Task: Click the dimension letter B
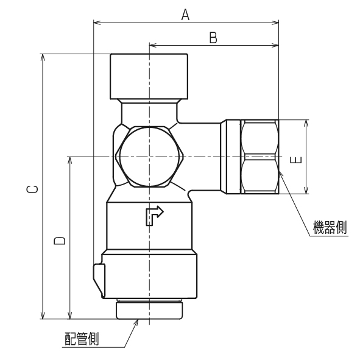pos(213,37)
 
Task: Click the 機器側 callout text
pos(329,228)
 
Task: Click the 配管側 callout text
pos(82,339)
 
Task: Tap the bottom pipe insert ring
pos(149,309)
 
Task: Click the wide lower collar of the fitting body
pos(149,274)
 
